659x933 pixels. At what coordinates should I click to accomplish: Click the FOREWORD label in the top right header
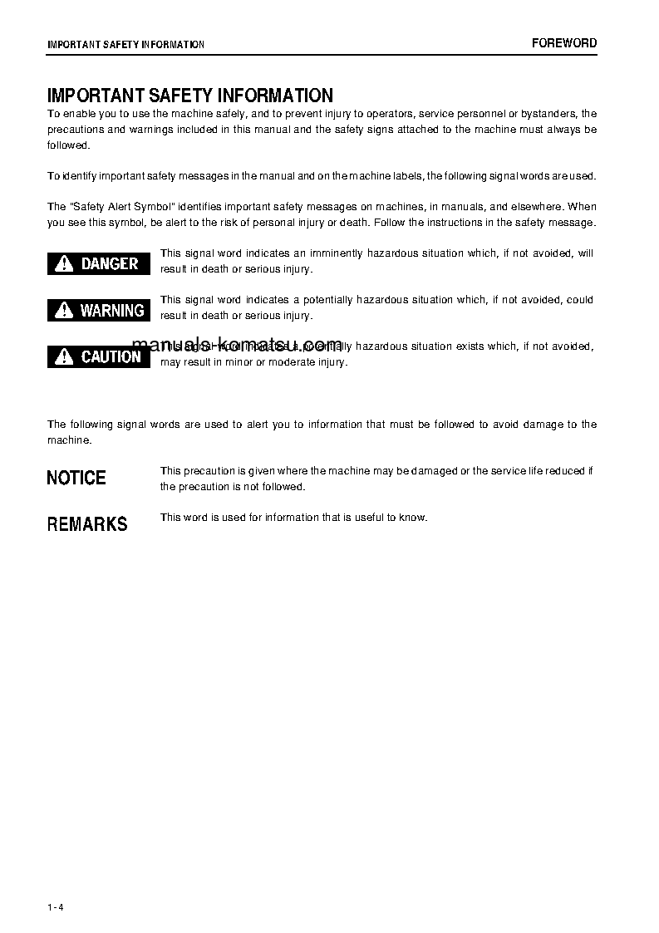564,43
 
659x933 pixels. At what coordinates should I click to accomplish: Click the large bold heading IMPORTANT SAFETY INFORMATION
190,96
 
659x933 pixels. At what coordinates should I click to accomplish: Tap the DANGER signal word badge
99,264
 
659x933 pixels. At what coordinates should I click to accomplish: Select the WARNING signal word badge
99,311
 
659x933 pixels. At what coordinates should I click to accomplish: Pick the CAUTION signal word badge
99,357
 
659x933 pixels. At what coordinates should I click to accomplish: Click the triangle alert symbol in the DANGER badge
64,264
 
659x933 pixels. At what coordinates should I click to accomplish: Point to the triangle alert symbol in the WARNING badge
64,311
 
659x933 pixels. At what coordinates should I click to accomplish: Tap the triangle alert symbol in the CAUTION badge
64,357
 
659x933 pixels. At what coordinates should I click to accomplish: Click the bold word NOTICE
76,478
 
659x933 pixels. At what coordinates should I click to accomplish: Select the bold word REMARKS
87,524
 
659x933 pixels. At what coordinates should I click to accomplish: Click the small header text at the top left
125,44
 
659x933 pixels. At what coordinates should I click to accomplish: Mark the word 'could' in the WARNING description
580,300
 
